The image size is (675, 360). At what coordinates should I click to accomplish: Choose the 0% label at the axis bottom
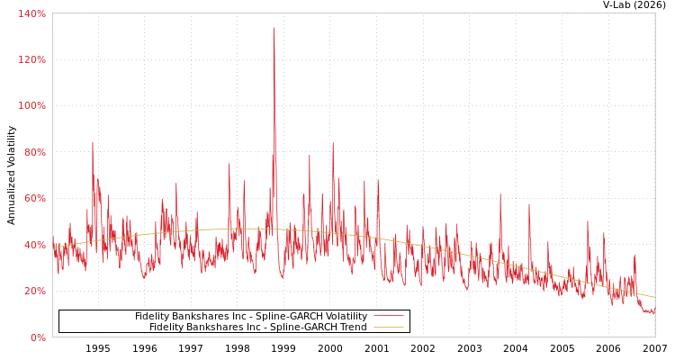click(x=37, y=337)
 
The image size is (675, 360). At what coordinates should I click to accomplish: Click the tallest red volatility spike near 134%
click(x=274, y=28)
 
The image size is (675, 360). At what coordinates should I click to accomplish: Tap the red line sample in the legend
click(x=388, y=316)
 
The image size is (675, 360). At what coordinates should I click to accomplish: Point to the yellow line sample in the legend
click(x=388, y=327)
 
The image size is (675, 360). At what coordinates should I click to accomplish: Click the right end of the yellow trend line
click(x=654, y=297)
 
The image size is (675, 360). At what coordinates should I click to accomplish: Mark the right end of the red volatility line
click(x=654, y=310)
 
